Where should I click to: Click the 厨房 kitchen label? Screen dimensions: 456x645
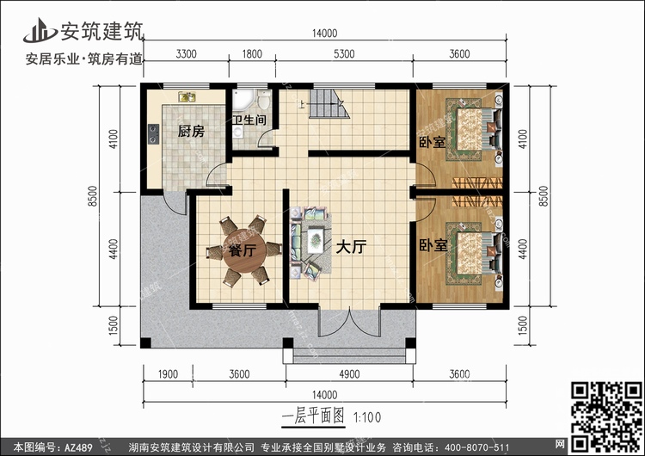click(191, 132)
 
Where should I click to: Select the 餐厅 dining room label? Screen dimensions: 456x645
click(242, 251)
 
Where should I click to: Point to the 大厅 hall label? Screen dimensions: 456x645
click(351, 247)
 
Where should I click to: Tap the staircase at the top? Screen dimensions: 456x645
click(327, 107)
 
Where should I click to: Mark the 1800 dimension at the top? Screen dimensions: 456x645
click(252, 53)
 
